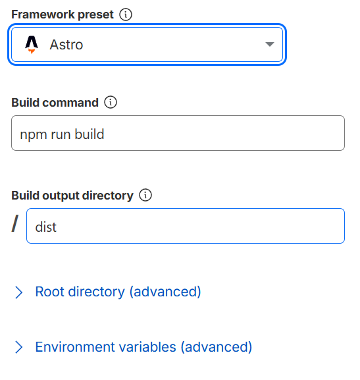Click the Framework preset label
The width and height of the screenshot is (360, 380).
(x=63, y=14)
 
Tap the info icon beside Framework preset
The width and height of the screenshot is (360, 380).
(x=126, y=14)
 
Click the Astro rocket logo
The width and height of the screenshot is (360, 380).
(x=32, y=45)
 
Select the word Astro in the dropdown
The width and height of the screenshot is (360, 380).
(x=66, y=45)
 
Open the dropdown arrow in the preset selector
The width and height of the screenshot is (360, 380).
(x=269, y=44)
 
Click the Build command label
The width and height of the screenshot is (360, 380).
(x=55, y=103)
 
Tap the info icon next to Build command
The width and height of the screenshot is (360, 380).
(x=111, y=102)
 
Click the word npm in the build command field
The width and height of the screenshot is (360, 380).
(x=34, y=135)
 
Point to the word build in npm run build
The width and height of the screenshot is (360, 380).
(x=90, y=134)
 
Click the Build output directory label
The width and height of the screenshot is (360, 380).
(x=72, y=196)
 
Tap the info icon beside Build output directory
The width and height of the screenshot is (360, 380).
(x=145, y=195)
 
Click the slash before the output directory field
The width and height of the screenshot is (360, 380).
(x=15, y=224)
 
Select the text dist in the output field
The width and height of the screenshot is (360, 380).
(x=46, y=227)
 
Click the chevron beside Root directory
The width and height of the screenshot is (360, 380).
(x=18, y=292)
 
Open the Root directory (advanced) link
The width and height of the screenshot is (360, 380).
(x=118, y=292)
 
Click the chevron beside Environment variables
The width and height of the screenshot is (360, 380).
(x=18, y=347)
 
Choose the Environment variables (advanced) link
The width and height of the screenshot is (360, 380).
(x=143, y=347)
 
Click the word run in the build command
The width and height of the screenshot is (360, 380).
(x=61, y=135)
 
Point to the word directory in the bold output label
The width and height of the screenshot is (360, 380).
(x=108, y=196)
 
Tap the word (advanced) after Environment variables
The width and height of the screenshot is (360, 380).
(x=217, y=347)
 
